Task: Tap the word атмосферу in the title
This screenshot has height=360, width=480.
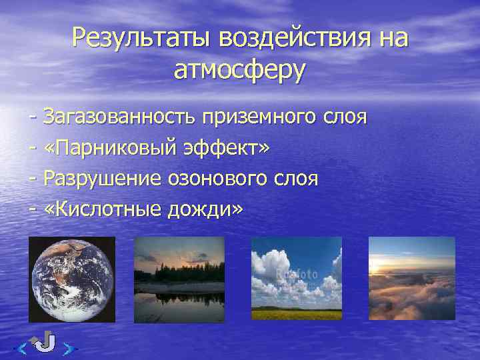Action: [x=239, y=69]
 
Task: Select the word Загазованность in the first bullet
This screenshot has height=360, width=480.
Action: [x=120, y=117]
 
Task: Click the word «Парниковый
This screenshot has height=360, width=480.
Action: [x=111, y=148]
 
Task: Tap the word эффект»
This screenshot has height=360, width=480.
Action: [x=229, y=148]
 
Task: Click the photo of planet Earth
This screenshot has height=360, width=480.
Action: [x=71, y=279]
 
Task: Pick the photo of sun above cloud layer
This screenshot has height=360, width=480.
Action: [x=412, y=279]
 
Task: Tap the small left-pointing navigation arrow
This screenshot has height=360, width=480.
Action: [x=22, y=347]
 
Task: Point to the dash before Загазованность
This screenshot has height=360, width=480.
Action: [x=33, y=118]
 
